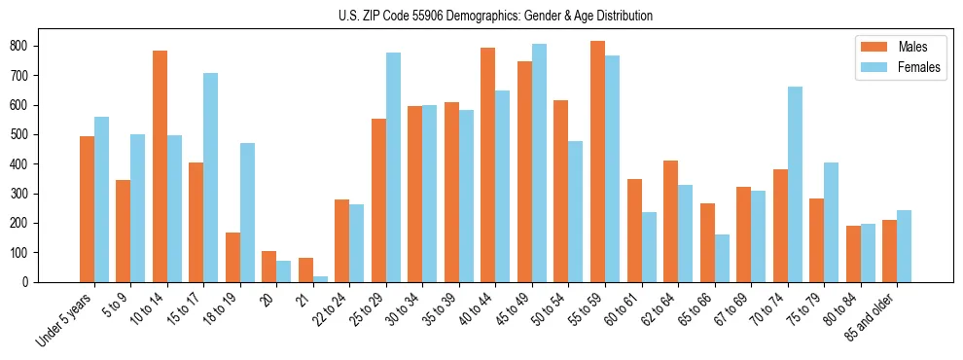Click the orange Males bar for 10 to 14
pyautogui.click(x=160, y=166)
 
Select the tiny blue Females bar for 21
pyautogui.click(x=320, y=279)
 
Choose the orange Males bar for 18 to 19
pyautogui.click(x=232, y=257)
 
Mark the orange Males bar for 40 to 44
pyautogui.click(x=488, y=165)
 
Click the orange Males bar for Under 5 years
pyautogui.click(x=87, y=209)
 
